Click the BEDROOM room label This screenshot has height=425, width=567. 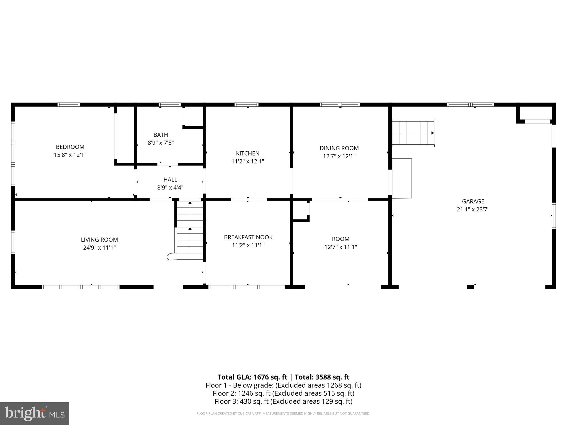[70, 147]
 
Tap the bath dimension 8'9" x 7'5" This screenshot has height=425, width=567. [161, 143]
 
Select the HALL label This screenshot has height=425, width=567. [170, 180]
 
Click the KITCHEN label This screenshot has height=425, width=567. [248, 153]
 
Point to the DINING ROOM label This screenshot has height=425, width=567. [339, 148]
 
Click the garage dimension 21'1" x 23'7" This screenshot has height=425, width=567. [473, 209]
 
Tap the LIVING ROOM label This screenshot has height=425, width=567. [99, 240]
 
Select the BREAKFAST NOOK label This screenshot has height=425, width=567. [248, 237]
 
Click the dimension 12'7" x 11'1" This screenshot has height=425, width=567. [341, 247]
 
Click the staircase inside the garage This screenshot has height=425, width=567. [413, 133]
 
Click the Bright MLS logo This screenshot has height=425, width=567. [35, 413]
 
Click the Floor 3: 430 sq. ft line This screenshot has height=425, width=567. [283, 401]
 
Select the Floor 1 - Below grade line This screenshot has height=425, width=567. [283, 385]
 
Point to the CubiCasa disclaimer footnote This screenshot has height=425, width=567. [283, 413]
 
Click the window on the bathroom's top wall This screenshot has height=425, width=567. [170, 105]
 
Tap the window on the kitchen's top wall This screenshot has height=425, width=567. [246, 105]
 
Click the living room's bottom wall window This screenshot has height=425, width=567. [81, 287]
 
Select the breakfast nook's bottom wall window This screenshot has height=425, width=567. [246, 287]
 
